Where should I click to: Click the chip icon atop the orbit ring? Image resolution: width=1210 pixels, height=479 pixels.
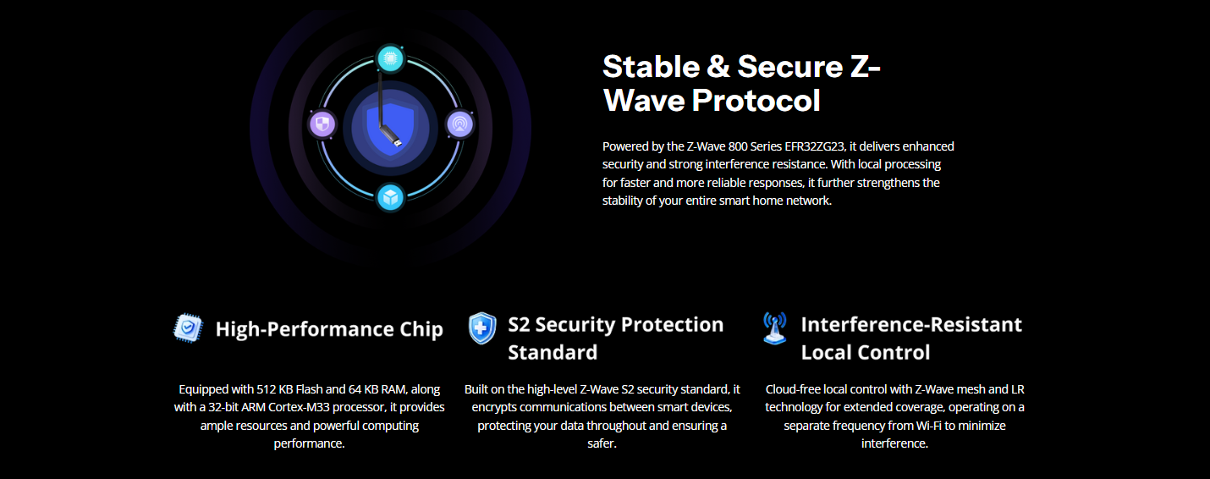pyautogui.click(x=390, y=58)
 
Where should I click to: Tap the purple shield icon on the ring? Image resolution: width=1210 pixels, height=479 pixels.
pyautogui.click(x=322, y=124)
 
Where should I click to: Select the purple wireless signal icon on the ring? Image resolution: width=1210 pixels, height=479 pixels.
pyautogui.click(x=459, y=124)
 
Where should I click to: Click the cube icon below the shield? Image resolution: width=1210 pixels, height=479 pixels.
pyautogui.click(x=390, y=198)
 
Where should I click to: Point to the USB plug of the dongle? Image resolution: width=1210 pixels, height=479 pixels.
pyautogui.click(x=397, y=142)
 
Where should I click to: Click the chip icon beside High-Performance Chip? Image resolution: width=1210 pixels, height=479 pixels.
pyautogui.click(x=188, y=328)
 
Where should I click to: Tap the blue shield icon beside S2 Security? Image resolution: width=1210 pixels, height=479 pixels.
pyautogui.click(x=481, y=328)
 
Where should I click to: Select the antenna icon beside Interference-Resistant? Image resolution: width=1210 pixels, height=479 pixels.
pyautogui.click(x=774, y=328)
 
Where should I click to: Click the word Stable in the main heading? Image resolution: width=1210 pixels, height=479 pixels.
pyautogui.click(x=651, y=67)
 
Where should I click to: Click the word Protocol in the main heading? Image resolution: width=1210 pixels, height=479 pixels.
pyautogui.click(x=756, y=101)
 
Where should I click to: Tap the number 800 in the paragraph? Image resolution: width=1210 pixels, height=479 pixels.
pyautogui.click(x=738, y=146)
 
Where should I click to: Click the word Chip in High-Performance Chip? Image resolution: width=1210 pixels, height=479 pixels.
pyautogui.click(x=421, y=329)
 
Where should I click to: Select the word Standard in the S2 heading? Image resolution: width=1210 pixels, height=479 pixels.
pyautogui.click(x=553, y=352)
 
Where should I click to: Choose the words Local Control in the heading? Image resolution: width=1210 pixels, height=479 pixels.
pyautogui.click(x=866, y=352)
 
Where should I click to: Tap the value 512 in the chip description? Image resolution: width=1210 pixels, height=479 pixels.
pyautogui.click(x=267, y=389)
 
